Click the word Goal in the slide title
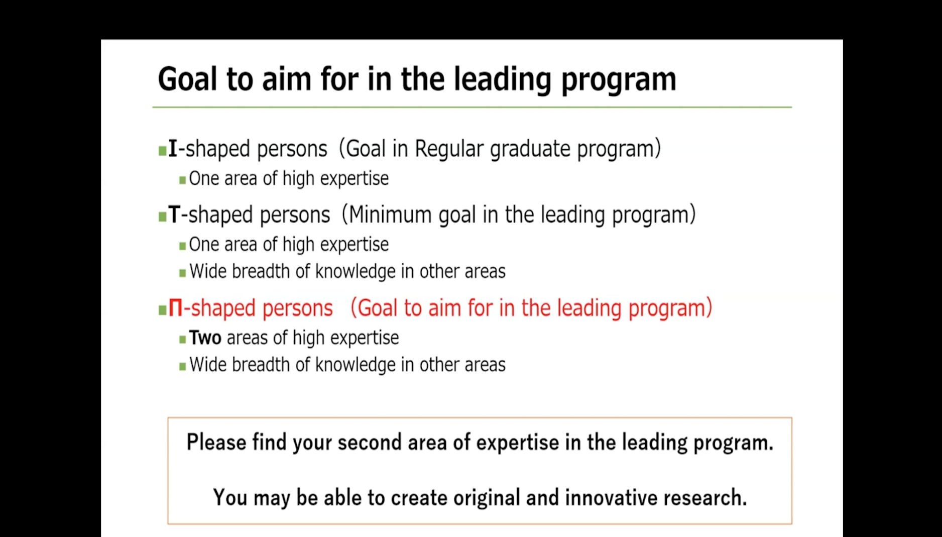[188, 79]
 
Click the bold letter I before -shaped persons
[173, 149]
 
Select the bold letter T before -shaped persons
[174, 214]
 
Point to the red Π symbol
[175, 308]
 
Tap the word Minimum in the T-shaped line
[390, 215]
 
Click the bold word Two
[205, 338]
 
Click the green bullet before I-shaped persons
[162, 151]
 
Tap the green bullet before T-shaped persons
[162, 217]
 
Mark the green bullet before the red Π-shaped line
[162, 310]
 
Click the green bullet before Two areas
[182, 340]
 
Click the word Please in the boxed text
[216, 443]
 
